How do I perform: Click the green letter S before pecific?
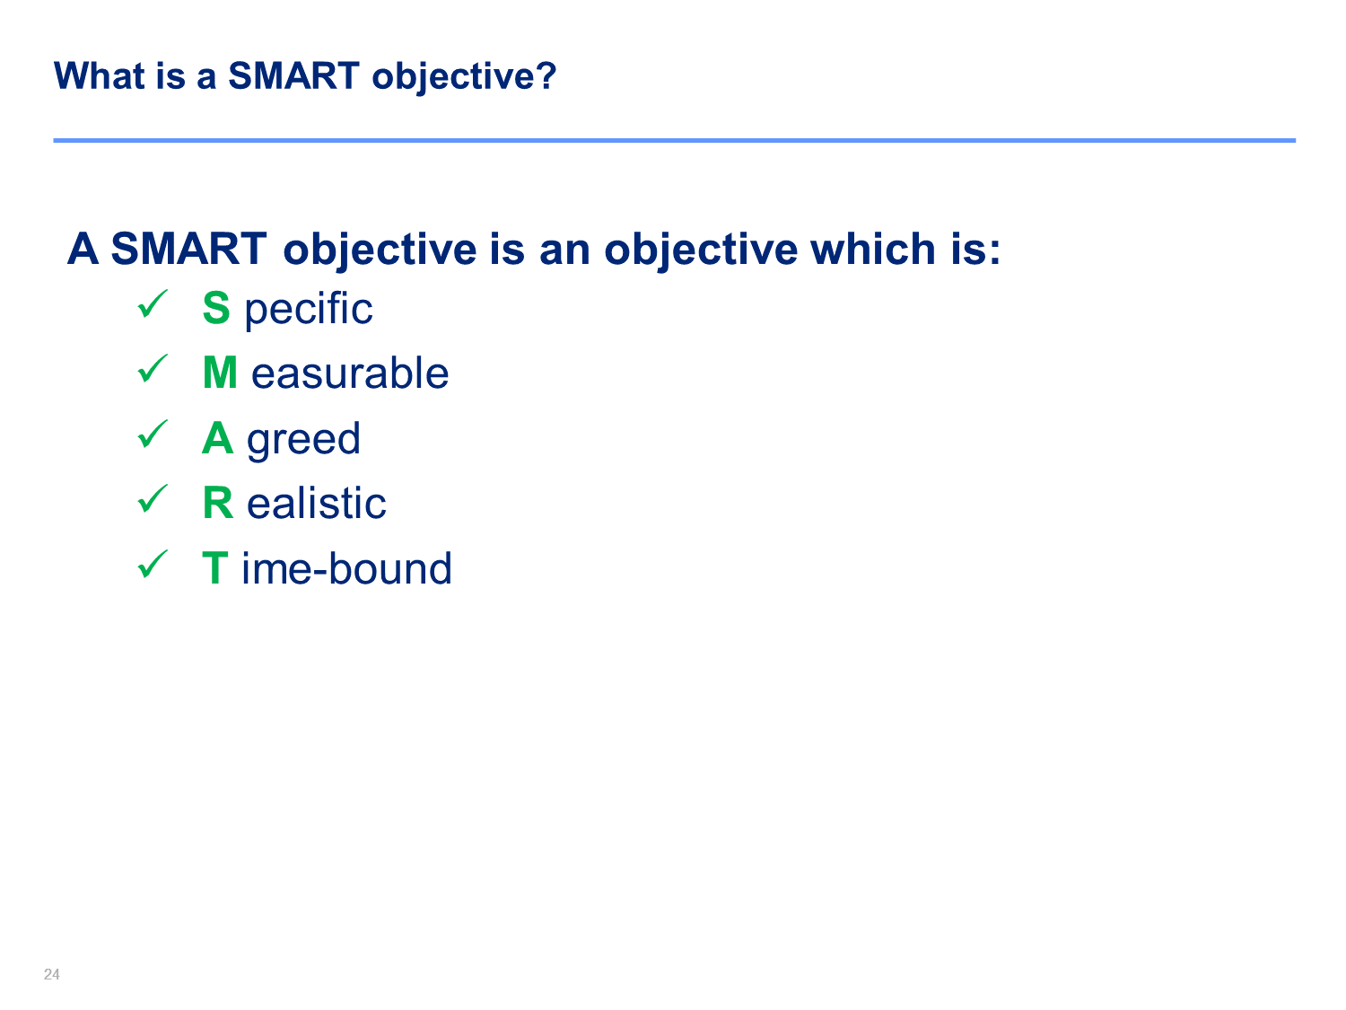[216, 308]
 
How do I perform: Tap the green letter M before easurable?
[220, 373]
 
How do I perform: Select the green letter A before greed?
[218, 438]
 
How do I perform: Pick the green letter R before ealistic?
[218, 503]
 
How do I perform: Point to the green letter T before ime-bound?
[215, 568]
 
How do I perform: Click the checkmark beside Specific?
[153, 303]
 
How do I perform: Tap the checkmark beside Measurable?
[153, 369]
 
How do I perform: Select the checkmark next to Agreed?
[153, 434]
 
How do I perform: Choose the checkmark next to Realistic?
[153, 498]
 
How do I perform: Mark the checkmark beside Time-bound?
[153, 564]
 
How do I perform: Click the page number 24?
[52, 974]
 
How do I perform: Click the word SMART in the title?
[293, 76]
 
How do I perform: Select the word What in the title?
[100, 76]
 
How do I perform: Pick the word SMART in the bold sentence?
[188, 249]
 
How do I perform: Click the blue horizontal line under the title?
[675, 140]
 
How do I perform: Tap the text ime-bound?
[346, 568]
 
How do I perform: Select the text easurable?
[350, 373]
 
